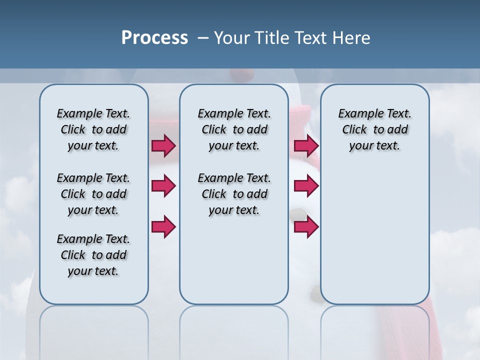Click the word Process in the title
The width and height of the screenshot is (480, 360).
(154, 38)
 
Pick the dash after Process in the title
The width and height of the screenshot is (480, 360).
(202, 38)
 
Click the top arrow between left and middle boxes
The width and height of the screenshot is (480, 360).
(163, 146)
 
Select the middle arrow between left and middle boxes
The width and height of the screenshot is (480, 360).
(163, 186)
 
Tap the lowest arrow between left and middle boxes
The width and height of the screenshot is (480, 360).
(163, 226)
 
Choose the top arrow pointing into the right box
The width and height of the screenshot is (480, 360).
(306, 146)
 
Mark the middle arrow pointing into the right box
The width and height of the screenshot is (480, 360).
(306, 186)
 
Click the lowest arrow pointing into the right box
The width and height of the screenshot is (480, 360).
(306, 226)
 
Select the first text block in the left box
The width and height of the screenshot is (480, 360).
(93, 129)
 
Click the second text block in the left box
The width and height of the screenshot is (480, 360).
(93, 194)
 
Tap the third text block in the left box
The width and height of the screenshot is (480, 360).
(93, 255)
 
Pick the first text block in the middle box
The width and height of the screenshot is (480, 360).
(234, 129)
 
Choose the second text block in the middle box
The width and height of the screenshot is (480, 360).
(234, 194)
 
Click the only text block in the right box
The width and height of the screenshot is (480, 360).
(374, 129)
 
